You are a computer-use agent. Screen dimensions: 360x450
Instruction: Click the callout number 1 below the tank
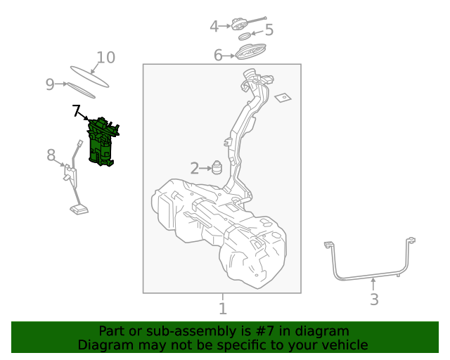point(222,309)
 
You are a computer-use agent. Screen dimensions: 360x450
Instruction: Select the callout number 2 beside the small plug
point(195,168)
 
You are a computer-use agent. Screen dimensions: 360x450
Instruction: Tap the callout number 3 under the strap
point(374,300)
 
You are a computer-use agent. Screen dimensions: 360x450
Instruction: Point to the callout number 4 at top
point(214,27)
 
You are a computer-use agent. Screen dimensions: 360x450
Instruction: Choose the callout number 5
point(269,30)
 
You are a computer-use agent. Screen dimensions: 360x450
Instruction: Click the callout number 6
point(218,55)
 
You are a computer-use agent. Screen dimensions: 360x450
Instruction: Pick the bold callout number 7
point(77,110)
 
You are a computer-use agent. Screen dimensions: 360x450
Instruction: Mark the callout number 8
point(51,155)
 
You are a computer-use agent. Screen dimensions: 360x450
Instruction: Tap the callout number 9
point(50,84)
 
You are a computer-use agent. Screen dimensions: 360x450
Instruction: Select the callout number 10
point(105,58)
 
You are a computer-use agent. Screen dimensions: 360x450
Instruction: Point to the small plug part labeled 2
point(218,169)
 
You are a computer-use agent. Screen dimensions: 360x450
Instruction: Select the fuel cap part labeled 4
point(241,25)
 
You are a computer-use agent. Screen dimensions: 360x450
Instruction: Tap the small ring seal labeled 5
point(244,36)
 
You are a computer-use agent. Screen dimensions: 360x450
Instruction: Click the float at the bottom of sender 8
point(78,208)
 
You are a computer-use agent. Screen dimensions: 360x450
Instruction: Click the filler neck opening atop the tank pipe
point(250,75)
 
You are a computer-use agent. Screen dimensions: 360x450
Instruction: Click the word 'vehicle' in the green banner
point(342,345)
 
